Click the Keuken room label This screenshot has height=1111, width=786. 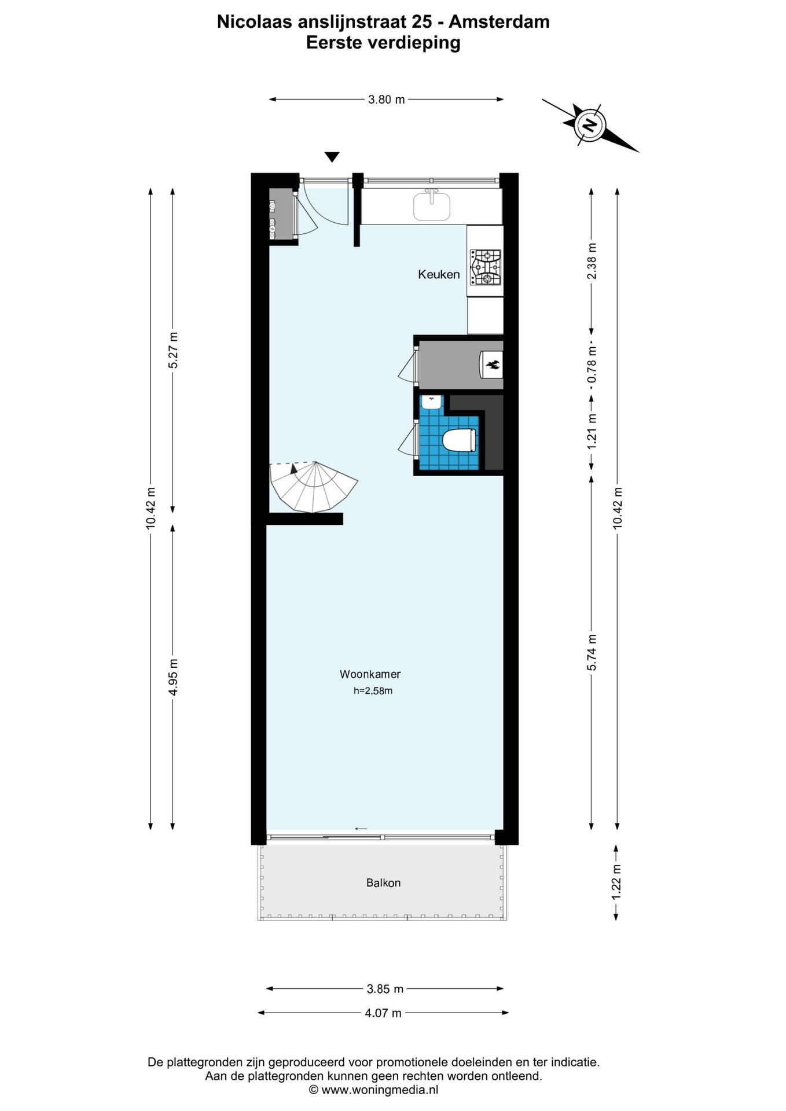pos(439,274)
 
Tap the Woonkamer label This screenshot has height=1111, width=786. pos(370,674)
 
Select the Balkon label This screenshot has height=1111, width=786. pos(383,882)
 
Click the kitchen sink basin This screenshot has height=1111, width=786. pos(432,206)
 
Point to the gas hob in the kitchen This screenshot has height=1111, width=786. pos(486,267)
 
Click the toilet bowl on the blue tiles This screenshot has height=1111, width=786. pos(459,440)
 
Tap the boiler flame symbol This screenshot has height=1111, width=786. pos(493,365)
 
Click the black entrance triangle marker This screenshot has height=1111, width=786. pos(332,157)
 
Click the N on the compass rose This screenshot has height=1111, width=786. pos(590,124)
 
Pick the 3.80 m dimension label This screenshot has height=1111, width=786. pos(387,100)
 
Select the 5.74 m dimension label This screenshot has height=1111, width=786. pos(592,653)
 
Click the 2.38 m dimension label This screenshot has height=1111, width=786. pos(592,260)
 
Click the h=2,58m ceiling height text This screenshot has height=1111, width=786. pos(373,690)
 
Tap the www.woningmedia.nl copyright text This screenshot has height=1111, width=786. pos(373,1090)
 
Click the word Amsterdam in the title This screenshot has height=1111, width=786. pos(499,22)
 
